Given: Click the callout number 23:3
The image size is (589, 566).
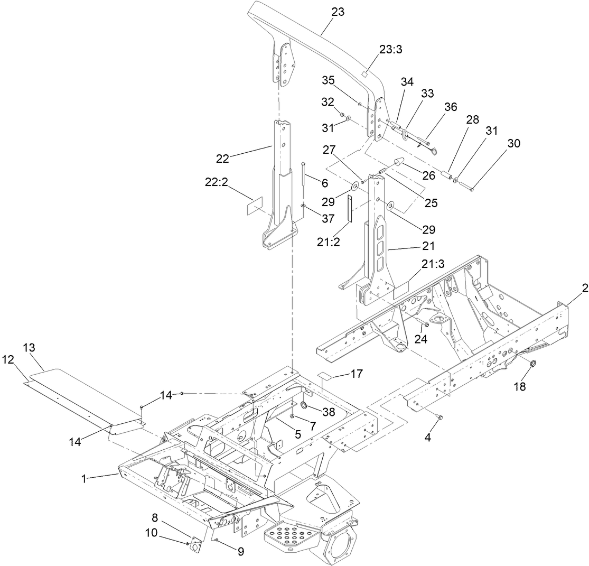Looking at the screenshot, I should [391, 49].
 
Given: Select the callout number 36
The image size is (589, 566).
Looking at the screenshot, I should [450, 106].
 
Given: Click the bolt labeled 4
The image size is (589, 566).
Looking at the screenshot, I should [440, 417].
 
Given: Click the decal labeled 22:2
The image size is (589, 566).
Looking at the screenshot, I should [255, 206].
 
